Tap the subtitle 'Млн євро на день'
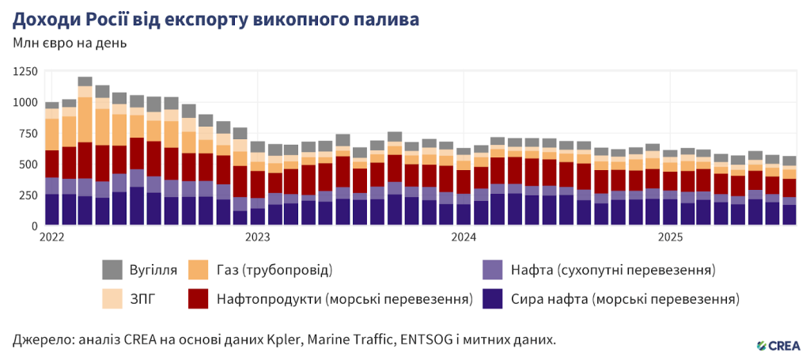point(69,42)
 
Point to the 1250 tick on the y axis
point(24,72)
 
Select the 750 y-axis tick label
point(27,134)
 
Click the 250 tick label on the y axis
point(27,195)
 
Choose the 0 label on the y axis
point(34,226)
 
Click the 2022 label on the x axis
point(52,237)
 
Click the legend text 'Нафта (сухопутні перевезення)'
point(613,270)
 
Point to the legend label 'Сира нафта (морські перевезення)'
point(625,299)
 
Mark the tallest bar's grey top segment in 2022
point(85,81)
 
